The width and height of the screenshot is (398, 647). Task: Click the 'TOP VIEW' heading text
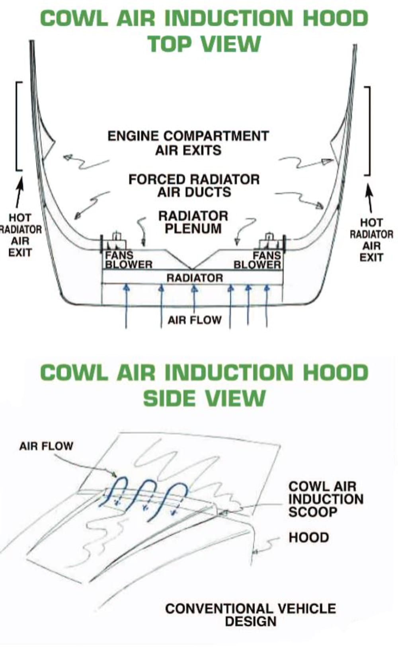204,43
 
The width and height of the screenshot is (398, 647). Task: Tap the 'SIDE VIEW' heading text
204,398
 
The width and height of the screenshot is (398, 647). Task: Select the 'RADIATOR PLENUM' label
193,222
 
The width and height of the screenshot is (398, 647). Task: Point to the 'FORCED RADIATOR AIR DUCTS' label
194,185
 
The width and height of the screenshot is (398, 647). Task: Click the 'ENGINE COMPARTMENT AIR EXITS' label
188,143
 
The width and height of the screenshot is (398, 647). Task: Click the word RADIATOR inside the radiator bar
195,278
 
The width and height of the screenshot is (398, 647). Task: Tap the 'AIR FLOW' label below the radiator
194,320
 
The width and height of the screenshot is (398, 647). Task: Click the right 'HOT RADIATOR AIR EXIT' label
371,240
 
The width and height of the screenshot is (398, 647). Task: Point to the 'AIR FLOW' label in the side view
46,446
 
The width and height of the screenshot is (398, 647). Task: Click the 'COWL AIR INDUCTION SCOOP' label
326,499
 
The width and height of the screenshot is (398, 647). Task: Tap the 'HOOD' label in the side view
308,538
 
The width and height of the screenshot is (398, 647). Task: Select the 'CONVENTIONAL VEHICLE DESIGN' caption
250,614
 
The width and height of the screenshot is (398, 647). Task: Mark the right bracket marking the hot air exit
369,131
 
